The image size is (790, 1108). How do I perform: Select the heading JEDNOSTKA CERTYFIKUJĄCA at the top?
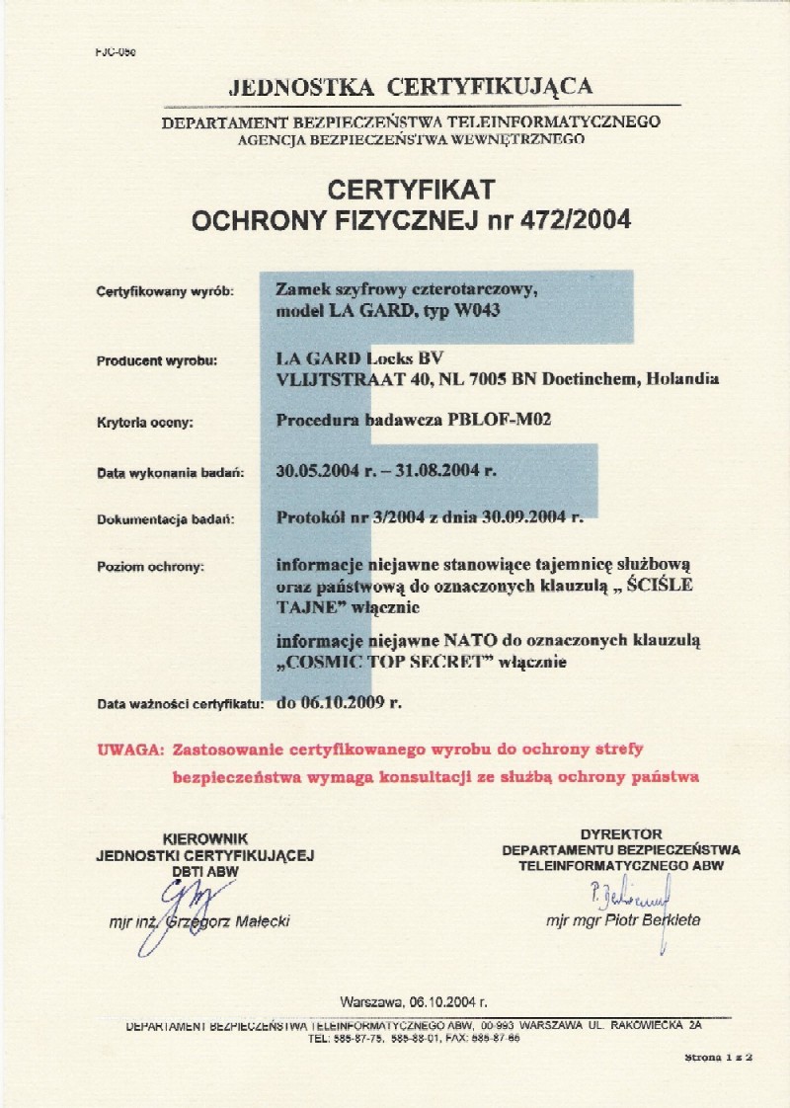click(411, 87)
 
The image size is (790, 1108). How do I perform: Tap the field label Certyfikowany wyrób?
click(165, 291)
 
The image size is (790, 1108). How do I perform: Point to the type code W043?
click(512, 309)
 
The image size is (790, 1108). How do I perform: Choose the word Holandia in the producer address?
click(681, 378)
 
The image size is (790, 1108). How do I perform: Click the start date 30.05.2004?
click(325, 471)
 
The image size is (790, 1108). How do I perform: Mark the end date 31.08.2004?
click(445, 471)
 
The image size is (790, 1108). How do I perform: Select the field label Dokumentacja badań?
click(165, 518)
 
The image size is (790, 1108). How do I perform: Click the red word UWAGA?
click(128, 750)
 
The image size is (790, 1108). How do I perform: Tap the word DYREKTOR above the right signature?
click(621, 834)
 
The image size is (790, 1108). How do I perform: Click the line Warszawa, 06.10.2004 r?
click(414, 999)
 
